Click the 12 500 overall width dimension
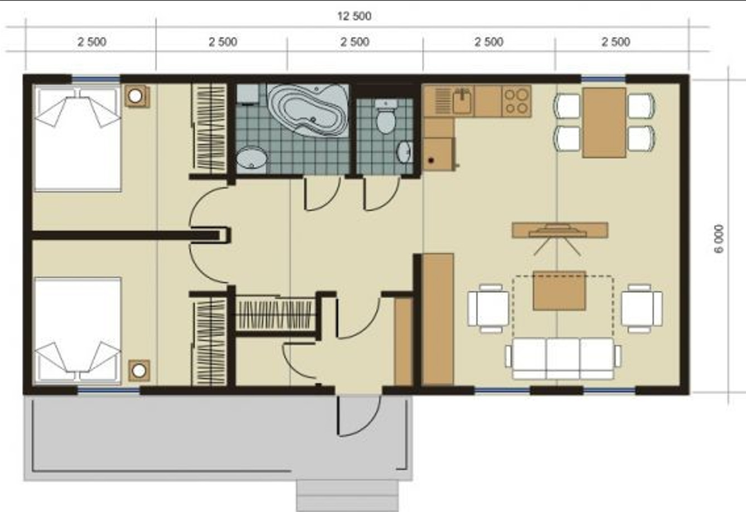(x=355, y=16)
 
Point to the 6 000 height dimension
(x=719, y=239)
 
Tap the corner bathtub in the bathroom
(x=308, y=110)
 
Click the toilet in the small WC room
(x=386, y=116)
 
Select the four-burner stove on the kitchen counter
(x=516, y=102)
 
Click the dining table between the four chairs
(x=604, y=123)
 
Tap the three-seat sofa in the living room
(x=563, y=359)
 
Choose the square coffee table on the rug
(x=559, y=291)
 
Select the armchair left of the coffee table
(x=488, y=308)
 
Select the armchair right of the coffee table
(x=642, y=308)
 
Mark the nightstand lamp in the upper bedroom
(x=137, y=96)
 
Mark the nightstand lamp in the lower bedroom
(x=139, y=370)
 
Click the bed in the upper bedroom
(x=78, y=138)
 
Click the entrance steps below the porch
(x=347, y=496)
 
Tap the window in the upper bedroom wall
(x=96, y=79)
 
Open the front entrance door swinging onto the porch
(x=359, y=416)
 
